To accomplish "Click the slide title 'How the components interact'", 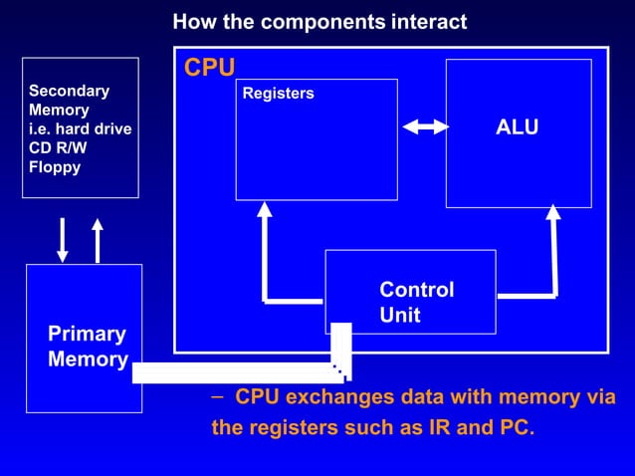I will [x=319, y=22].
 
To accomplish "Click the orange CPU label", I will [x=209, y=68].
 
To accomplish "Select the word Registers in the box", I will [x=278, y=94].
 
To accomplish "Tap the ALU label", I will [x=517, y=127].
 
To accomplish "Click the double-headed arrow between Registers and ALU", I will [x=425, y=126].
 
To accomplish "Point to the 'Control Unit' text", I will [x=416, y=302].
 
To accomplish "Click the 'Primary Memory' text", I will [x=88, y=347].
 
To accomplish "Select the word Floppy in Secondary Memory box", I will [x=55, y=166].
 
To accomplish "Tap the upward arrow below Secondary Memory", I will [x=97, y=240].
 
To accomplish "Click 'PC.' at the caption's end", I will [x=514, y=430].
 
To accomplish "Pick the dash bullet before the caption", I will [x=218, y=396].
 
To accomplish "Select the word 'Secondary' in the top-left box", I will [x=69, y=91].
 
